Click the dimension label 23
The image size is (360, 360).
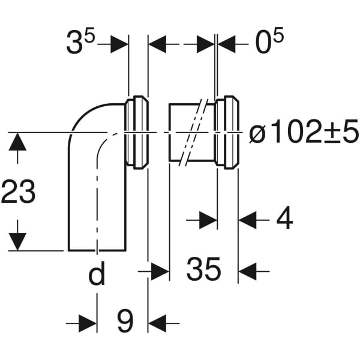[19, 192]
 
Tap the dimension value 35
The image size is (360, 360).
[203, 271]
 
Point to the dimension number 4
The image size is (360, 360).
[284, 220]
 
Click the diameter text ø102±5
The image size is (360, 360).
[303, 133]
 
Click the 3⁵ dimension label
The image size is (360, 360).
[81, 44]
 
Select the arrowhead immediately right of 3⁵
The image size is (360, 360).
[120, 44]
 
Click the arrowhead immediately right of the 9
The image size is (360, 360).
[157, 325]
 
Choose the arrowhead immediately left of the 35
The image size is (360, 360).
[160, 271]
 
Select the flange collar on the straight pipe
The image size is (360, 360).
[227, 132]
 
